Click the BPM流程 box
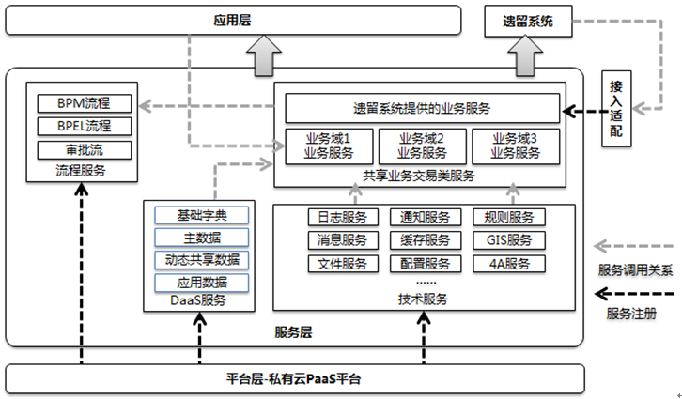click(83, 102)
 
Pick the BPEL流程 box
click(83, 126)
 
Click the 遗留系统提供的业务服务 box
click(422, 108)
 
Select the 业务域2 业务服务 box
click(421, 146)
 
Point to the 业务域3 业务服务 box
click(514, 146)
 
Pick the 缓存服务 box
click(425, 240)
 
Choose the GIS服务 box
click(508, 240)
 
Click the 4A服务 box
click(508, 264)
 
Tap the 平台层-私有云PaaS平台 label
click(294, 379)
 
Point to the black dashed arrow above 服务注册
click(635, 292)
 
